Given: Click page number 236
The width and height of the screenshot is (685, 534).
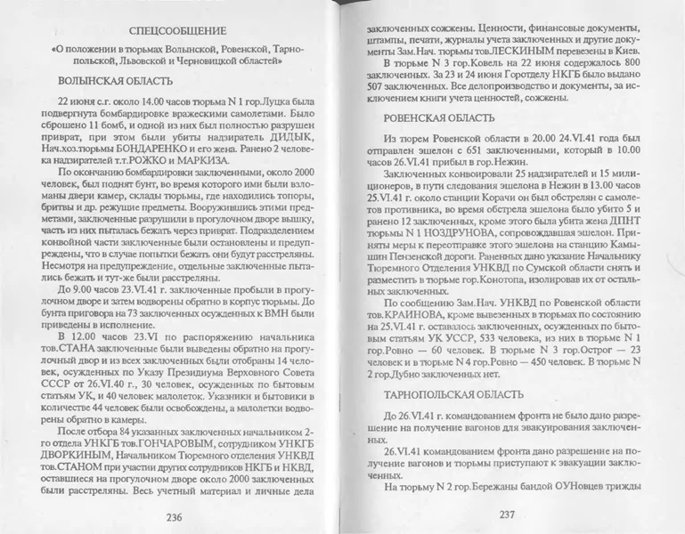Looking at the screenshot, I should point(174,517).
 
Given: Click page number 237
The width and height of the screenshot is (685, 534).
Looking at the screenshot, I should point(507,514).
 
